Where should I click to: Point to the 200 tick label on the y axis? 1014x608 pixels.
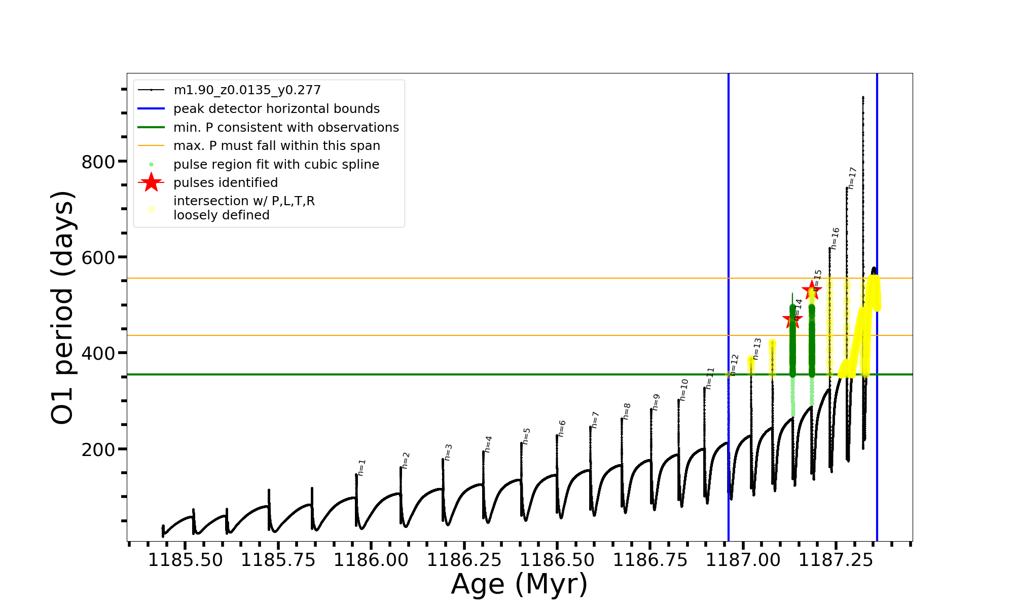pyautogui.click(x=98, y=449)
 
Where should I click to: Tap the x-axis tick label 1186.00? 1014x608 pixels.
pyautogui.click(x=371, y=560)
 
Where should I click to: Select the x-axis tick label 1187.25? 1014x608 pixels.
pyautogui.click(x=836, y=560)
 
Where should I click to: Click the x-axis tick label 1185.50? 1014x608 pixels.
pyautogui.click(x=185, y=560)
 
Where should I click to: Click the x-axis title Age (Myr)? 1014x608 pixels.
pyautogui.click(x=519, y=584)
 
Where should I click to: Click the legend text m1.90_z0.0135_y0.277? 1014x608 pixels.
pyautogui.click(x=247, y=90)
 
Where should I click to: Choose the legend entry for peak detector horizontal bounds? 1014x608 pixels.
pyautogui.click(x=276, y=109)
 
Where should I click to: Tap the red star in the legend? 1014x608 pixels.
pyautogui.click(x=151, y=182)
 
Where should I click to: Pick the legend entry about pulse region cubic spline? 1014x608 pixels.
pyautogui.click(x=276, y=165)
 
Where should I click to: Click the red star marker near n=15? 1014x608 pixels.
pyautogui.click(x=812, y=290)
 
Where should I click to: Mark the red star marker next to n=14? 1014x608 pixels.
pyautogui.click(x=792, y=320)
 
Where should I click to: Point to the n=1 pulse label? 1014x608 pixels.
pyautogui.click(x=361, y=468)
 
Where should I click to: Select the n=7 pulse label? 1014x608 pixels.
pyautogui.click(x=595, y=420)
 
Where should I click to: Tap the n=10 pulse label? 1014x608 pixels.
pyautogui.click(x=684, y=390)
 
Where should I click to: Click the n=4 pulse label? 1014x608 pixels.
pyautogui.click(x=488, y=444)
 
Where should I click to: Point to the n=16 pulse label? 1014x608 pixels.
pyautogui.click(x=835, y=238)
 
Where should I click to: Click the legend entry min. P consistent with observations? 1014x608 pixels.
pyautogui.click(x=286, y=128)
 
